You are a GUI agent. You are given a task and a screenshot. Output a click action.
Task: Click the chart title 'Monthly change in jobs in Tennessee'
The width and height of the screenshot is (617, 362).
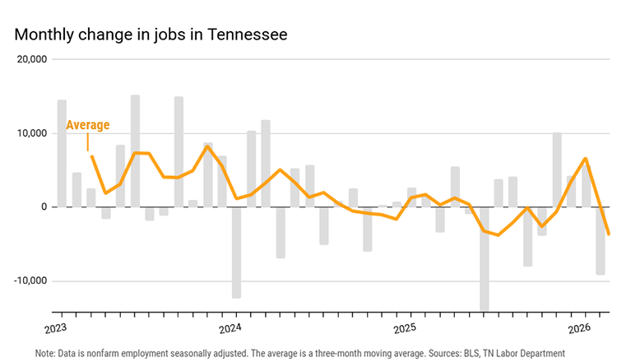[151, 35]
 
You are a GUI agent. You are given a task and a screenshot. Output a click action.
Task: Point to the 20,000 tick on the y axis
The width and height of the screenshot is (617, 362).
[32, 60]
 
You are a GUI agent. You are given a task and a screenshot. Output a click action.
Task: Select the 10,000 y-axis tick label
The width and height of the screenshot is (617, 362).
[32, 133]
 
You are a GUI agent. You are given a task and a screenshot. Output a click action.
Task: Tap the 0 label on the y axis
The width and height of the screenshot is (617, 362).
[44, 207]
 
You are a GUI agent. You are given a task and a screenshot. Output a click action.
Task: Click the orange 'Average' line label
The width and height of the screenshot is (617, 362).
[87, 125]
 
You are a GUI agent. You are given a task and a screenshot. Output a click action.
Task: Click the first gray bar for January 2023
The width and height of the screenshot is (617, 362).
[62, 153]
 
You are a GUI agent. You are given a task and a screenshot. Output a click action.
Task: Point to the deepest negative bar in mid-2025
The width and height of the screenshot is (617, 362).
[485, 258]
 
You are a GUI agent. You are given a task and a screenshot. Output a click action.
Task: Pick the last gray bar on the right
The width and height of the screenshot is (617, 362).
[601, 240]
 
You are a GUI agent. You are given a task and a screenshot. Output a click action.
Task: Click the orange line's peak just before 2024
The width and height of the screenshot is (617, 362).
[207, 146]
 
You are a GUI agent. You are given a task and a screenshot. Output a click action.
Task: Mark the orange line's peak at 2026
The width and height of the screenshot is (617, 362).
[585, 158]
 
